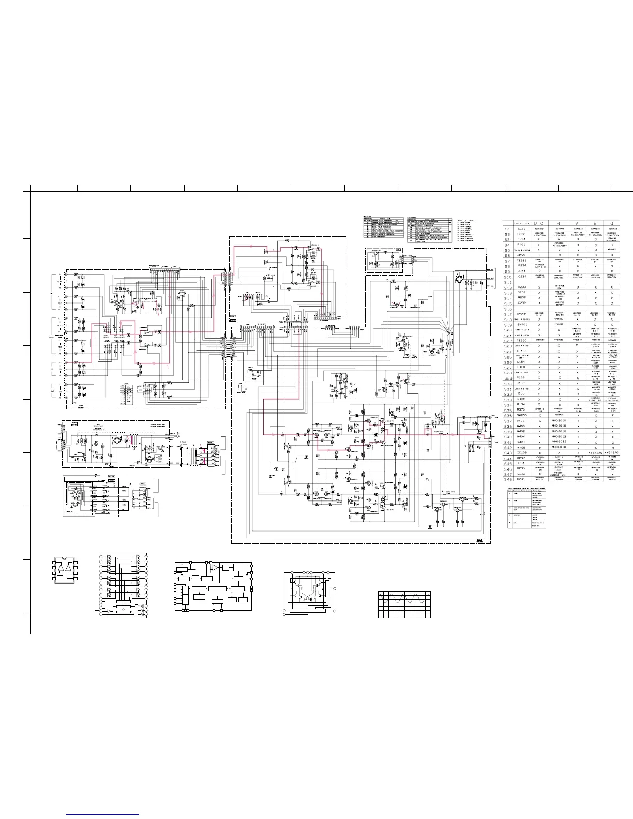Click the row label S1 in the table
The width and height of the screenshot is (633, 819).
point(508,228)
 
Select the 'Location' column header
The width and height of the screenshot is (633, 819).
point(522,223)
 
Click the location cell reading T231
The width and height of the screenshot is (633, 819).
point(522,228)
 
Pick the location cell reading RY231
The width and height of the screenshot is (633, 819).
point(522,314)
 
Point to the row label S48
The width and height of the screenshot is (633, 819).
point(508,479)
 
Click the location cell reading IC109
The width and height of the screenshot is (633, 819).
point(522,452)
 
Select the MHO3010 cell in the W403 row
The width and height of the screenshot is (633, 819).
point(559,421)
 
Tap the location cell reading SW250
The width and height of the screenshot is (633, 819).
point(522,415)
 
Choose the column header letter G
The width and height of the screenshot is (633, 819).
point(612,223)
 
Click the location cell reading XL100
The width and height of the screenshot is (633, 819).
point(522,351)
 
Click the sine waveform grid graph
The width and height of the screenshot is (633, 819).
point(404,604)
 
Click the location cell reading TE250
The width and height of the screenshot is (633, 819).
point(522,341)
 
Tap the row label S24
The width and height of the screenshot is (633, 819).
point(508,352)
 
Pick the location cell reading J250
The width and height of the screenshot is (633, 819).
point(522,255)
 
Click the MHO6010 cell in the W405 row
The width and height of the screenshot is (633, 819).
point(559,447)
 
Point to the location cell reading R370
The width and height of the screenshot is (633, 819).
point(522,410)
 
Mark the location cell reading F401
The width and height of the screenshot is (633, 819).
point(522,245)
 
